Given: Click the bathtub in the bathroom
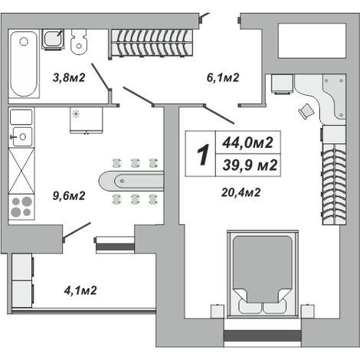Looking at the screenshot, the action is coord(24,64).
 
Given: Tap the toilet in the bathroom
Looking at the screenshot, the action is coord(79,41).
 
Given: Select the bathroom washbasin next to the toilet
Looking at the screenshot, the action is coord(53,39).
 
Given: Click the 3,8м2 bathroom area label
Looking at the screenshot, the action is coord(69,77).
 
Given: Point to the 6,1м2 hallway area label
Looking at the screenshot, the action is coord(223,77).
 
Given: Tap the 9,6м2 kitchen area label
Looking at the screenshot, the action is coord(69,196).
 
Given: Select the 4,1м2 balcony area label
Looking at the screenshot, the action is coord(80,290).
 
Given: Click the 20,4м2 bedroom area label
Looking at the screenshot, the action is coord(241,192).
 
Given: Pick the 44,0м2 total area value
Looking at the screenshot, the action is coord(247,142).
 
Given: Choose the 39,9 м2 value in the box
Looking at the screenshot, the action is coord(250,165).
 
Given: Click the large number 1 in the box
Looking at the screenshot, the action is coord(203,155).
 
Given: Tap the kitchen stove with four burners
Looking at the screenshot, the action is coord(21,207).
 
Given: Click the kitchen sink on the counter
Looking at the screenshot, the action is coord(21,136).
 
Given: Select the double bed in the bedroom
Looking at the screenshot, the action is coord(263,274).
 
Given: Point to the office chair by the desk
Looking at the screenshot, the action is coord(306,111).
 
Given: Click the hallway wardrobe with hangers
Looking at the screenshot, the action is coord(152,42).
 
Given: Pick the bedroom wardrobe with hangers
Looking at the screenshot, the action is coord(334,185).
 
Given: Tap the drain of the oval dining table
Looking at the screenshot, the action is coord(122,182).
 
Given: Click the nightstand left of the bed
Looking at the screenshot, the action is coord(217,311).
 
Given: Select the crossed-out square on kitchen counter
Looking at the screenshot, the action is coord(21,171).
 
